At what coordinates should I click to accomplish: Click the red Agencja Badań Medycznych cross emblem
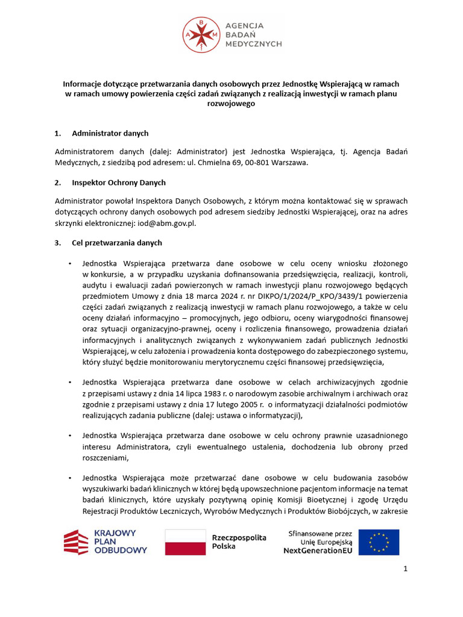pyautogui.click(x=202, y=34)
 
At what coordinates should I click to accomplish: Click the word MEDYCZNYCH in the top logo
pyautogui.click(x=253, y=45)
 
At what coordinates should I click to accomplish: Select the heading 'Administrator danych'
pyautogui.click(x=110, y=133)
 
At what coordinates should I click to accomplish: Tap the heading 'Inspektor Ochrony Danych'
pyautogui.click(x=118, y=183)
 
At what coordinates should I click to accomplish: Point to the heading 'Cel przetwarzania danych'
pyautogui.click(x=116, y=243)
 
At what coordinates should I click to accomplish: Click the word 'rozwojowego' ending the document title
pyautogui.click(x=231, y=104)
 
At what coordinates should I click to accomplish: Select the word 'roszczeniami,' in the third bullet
pyautogui.click(x=106, y=457)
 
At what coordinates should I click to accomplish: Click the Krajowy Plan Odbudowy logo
pyautogui.click(x=106, y=542)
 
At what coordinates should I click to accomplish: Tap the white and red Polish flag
pyautogui.click(x=185, y=542)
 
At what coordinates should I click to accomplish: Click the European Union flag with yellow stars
pyautogui.click(x=379, y=542)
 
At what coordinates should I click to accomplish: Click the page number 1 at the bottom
pyautogui.click(x=406, y=569)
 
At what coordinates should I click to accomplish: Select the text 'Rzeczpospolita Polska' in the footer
pyautogui.click(x=239, y=542)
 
